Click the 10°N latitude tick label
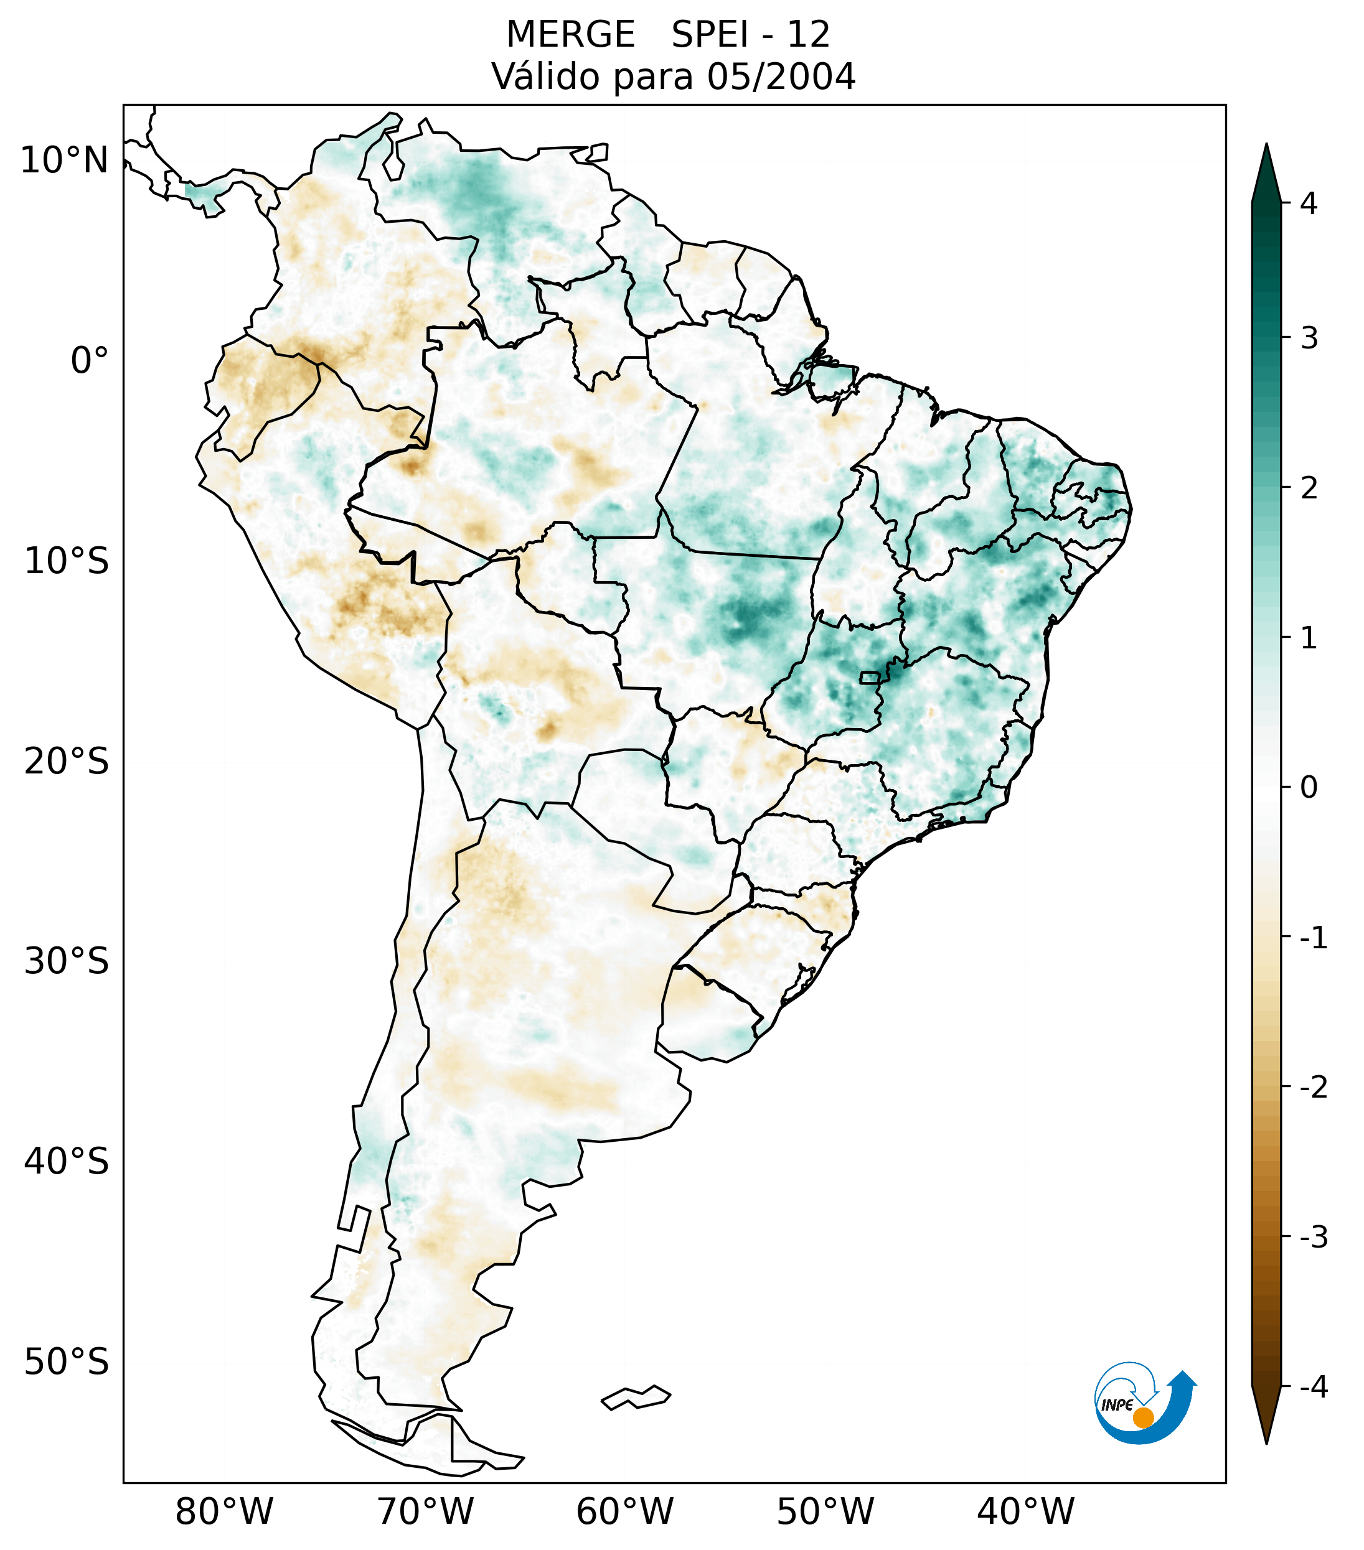[x=63, y=161]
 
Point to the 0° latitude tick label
[x=89, y=361]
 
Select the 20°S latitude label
[x=67, y=762]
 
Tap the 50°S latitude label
[x=67, y=1363]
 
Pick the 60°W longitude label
[x=624, y=1511]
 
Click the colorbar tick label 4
[x=1309, y=203]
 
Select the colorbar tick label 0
[x=1309, y=787]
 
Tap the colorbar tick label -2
[x=1313, y=1088]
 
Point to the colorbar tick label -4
[x=1313, y=1387]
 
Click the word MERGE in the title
[x=570, y=35]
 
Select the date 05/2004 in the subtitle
[x=781, y=77]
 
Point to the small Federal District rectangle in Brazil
[x=870, y=677]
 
